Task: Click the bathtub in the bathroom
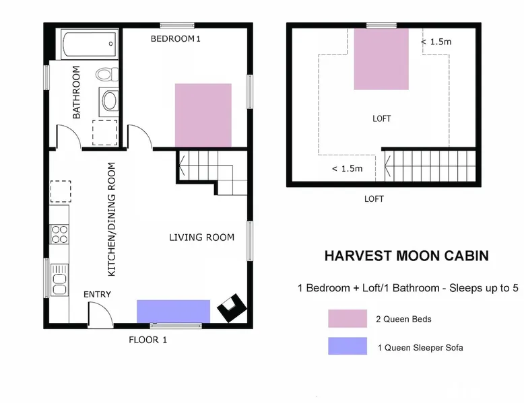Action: (x=89, y=44)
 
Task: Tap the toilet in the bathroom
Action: (x=107, y=74)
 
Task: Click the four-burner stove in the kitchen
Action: (x=59, y=234)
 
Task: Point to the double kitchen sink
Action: (x=59, y=280)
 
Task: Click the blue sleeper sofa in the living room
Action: (x=174, y=312)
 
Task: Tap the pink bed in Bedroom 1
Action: (x=203, y=115)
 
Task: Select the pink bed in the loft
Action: (x=381, y=59)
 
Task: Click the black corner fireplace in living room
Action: (x=232, y=307)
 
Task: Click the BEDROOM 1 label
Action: (x=175, y=39)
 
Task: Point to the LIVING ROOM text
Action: (x=201, y=237)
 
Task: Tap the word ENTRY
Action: (x=97, y=294)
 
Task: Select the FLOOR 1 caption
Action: (x=148, y=340)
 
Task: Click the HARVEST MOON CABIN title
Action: (x=407, y=256)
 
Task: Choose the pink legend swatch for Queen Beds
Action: (x=348, y=318)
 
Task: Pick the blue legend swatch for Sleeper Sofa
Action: (x=348, y=346)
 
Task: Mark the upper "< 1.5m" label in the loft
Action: (x=436, y=42)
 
